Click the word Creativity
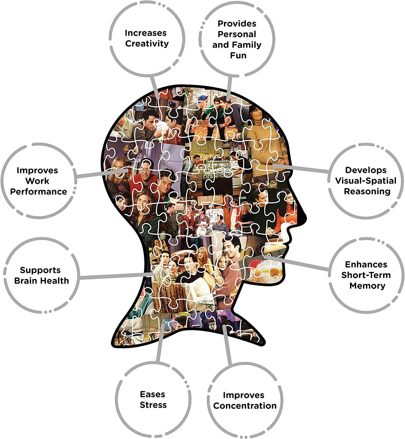(x=147, y=44)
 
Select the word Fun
(x=238, y=55)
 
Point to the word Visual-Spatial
(x=366, y=181)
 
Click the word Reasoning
(x=367, y=191)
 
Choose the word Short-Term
(x=366, y=275)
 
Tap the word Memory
(x=367, y=286)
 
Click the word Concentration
(x=245, y=406)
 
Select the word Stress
(x=153, y=405)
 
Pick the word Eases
(x=152, y=394)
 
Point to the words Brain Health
(x=42, y=280)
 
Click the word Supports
(x=40, y=270)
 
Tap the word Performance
(x=38, y=191)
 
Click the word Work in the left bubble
(x=37, y=181)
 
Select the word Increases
(x=146, y=33)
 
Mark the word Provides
(x=237, y=23)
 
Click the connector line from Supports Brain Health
(x=116, y=276)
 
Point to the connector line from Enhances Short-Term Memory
(x=296, y=263)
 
